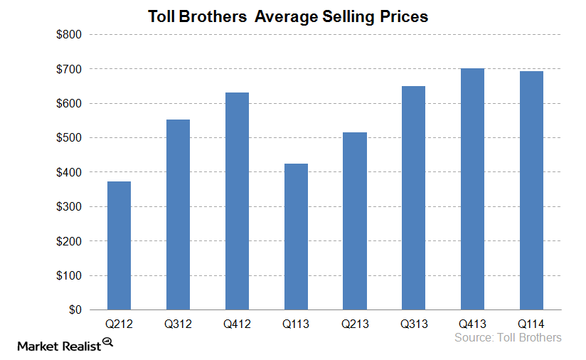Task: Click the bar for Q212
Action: [119, 245]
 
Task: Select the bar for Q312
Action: [178, 214]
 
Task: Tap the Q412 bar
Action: [237, 201]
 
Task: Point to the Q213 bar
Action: [355, 221]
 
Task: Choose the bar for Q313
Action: [413, 198]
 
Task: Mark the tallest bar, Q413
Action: [472, 189]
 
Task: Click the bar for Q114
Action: [531, 191]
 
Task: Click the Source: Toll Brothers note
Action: [508, 337]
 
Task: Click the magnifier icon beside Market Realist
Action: [108, 342]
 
